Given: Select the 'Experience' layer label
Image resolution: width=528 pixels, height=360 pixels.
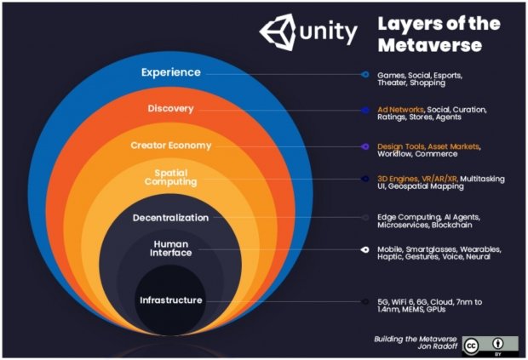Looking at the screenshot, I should (x=170, y=72).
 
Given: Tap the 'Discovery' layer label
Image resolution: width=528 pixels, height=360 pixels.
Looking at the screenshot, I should (x=170, y=109).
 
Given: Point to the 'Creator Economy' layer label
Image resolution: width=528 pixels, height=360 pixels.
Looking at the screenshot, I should (x=170, y=146).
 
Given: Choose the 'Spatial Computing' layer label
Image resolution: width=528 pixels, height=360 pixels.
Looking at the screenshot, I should (x=170, y=176).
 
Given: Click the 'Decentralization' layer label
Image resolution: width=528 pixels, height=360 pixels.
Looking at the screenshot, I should (x=170, y=218).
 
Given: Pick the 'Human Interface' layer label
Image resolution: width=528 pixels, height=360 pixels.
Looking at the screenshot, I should (x=170, y=248).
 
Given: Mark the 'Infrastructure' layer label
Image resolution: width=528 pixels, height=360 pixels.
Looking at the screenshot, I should (x=171, y=300).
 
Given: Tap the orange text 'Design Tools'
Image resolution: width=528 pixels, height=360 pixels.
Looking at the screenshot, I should (x=401, y=146).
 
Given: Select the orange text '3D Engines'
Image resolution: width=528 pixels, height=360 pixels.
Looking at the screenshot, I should (x=397, y=179).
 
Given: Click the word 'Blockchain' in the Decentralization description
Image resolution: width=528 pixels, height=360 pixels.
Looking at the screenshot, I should (x=460, y=225).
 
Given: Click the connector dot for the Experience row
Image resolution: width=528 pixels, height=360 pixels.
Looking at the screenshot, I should (x=364, y=75).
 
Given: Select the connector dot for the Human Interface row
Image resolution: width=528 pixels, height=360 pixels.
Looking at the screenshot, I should (x=364, y=250).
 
